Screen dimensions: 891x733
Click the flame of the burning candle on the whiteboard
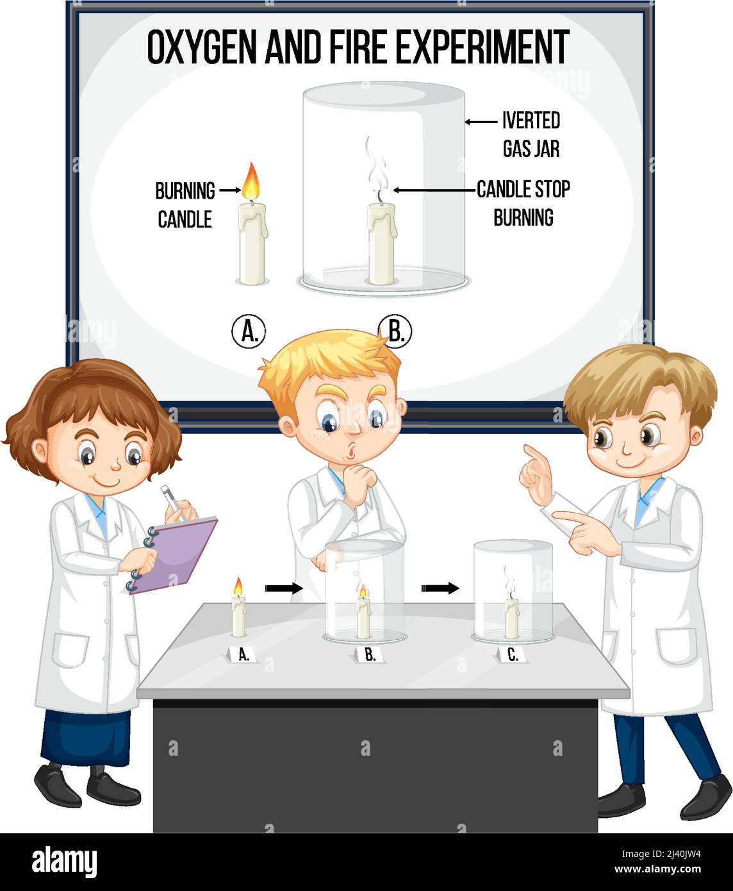[x=251, y=181]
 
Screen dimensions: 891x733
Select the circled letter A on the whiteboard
[x=249, y=331]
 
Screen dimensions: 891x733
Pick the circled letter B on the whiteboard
[x=396, y=331]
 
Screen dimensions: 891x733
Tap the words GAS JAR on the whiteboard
[x=531, y=149]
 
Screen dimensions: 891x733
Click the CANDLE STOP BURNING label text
[x=523, y=203]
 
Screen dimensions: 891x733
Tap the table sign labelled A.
[x=243, y=655]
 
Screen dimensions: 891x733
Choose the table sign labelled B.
[x=370, y=655]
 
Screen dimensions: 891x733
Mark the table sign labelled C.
[x=513, y=655]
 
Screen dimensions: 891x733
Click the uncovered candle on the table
[x=238, y=614]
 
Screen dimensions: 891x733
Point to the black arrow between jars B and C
[x=440, y=588]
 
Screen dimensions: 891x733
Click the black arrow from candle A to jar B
[x=283, y=587]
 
